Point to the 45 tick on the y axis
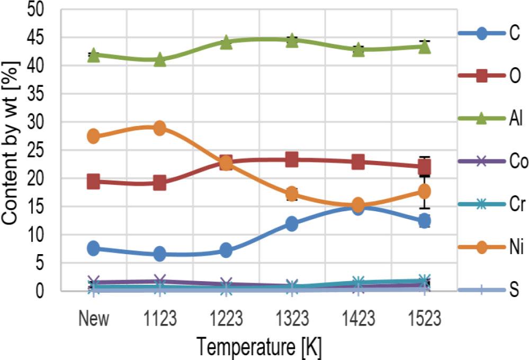[40, 38]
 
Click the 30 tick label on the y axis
[40, 122]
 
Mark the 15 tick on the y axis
[40, 206]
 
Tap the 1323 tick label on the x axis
[292, 319]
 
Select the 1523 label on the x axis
[425, 319]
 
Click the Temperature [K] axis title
[259, 347]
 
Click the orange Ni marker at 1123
[159, 128]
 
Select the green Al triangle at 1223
[226, 42]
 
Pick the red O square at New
[93, 182]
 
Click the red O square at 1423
[358, 162]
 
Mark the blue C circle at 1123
[159, 254]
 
